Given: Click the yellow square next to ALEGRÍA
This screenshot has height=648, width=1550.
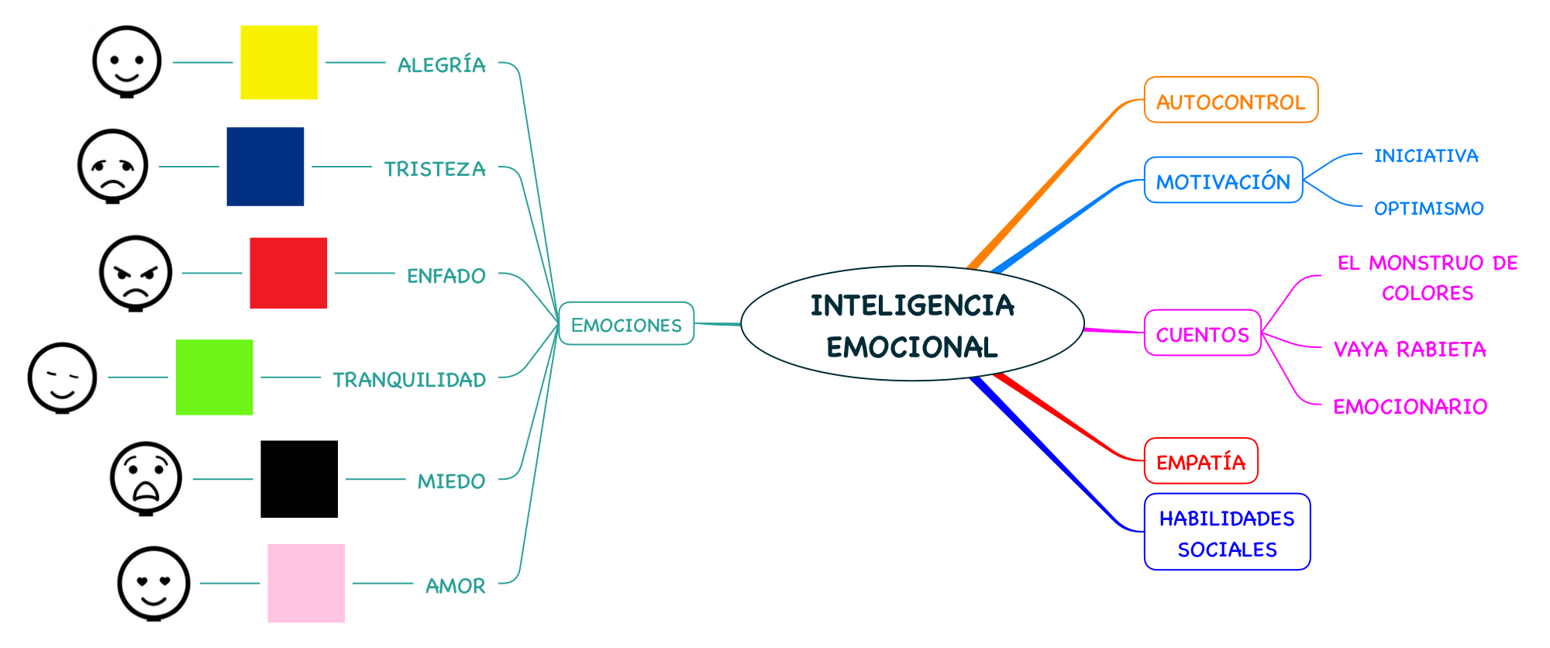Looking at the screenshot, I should tap(279, 62).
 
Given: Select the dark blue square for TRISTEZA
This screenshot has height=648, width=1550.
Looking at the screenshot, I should tap(265, 167).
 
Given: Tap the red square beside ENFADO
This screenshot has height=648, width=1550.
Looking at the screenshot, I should tap(288, 273).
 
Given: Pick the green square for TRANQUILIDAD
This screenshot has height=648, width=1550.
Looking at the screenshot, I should tap(214, 377).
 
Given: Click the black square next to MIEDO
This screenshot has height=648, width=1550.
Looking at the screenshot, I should tap(299, 479).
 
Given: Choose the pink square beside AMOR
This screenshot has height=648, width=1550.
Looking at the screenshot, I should tap(306, 583).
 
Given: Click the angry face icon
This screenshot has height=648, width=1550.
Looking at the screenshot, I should tap(136, 273).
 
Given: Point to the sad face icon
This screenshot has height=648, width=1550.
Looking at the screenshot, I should tap(113, 166).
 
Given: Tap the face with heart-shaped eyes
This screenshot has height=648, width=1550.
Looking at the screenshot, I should tap(153, 583).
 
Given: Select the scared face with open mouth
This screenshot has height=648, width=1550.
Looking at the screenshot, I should tap(146, 478).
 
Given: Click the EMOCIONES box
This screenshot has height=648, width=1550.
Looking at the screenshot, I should tap(626, 324).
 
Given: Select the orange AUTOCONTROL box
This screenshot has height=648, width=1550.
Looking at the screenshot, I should tap(1231, 100).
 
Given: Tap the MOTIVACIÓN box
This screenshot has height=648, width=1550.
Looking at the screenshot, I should tap(1223, 181).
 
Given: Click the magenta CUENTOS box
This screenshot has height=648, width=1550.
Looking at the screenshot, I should tap(1203, 333).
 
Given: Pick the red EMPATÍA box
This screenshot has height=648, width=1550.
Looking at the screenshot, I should tap(1200, 461).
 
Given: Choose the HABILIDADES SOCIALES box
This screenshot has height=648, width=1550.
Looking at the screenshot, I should tap(1227, 533).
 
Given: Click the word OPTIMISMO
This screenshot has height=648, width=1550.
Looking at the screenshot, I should tap(1428, 208).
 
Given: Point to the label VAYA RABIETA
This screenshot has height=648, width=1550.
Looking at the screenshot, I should tap(1410, 349).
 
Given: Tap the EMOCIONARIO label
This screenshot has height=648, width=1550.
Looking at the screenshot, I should tap(1410, 406).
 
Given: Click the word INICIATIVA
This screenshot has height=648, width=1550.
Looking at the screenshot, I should tap(1426, 156).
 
